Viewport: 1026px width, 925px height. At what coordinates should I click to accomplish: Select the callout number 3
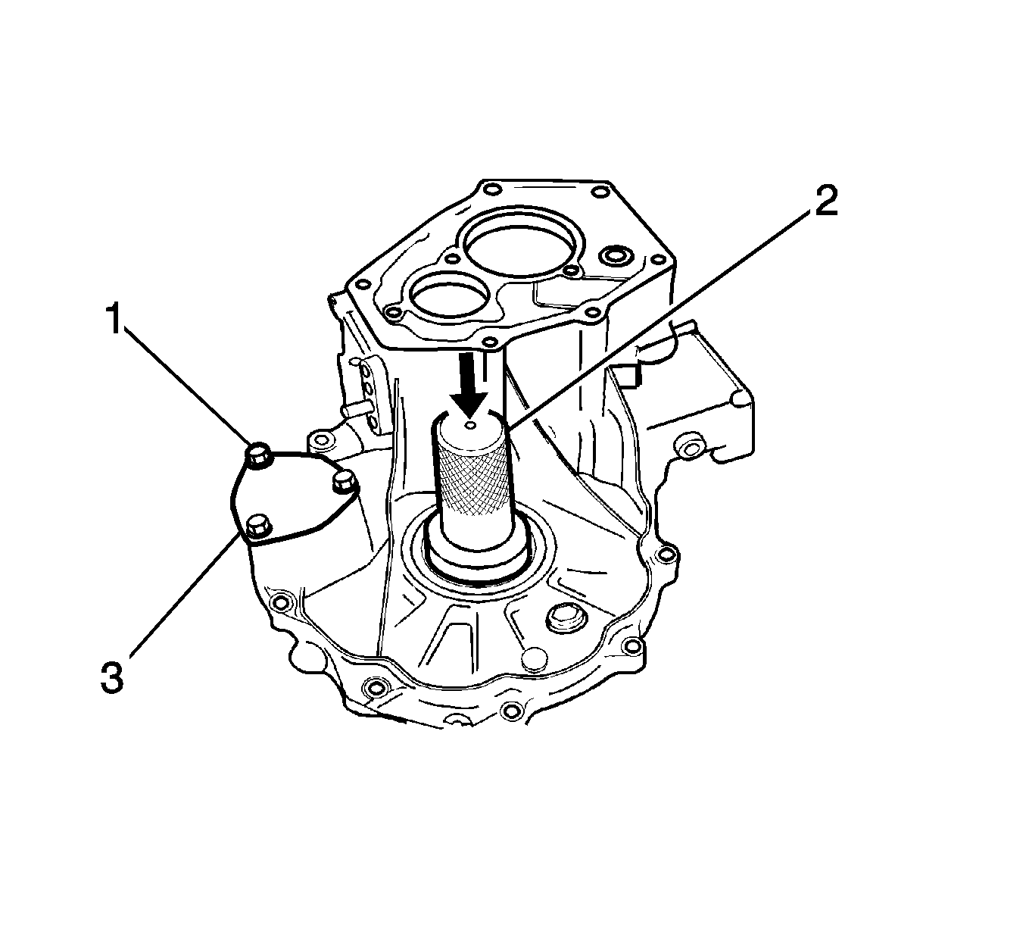point(112,677)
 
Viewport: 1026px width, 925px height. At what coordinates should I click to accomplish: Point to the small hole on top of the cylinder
point(471,425)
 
